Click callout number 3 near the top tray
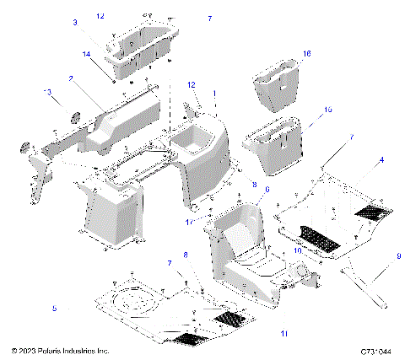coord(98,22)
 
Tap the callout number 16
coord(306,53)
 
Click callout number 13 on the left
coord(47,92)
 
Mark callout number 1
coord(214,93)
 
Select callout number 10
coord(296,250)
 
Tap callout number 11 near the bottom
coord(283,311)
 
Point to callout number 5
coord(55,309)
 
